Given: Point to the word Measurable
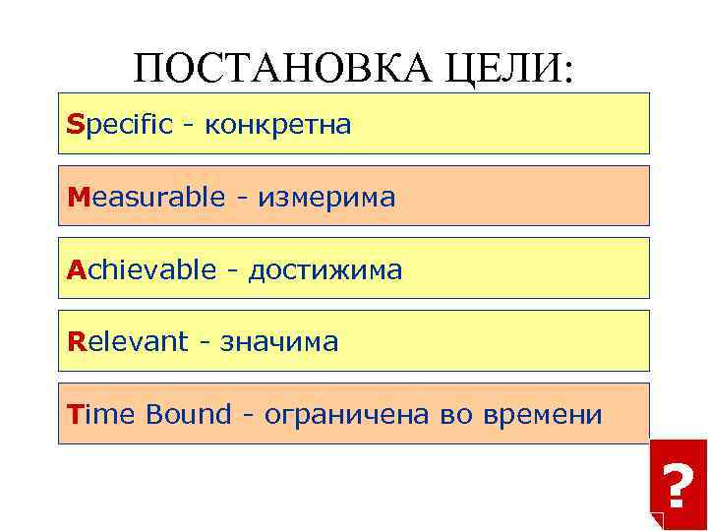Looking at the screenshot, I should point(146,197).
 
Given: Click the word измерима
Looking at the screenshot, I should point(326,198).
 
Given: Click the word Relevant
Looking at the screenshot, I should point(127,341).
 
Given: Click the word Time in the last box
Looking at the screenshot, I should point(102,414).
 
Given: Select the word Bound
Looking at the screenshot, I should point(187,414).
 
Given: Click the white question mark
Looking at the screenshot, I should point(676,485).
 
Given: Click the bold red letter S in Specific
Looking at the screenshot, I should point(76,125).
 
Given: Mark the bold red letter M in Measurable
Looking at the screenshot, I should point(79,197).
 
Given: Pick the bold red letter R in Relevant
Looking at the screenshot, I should point(76,341).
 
